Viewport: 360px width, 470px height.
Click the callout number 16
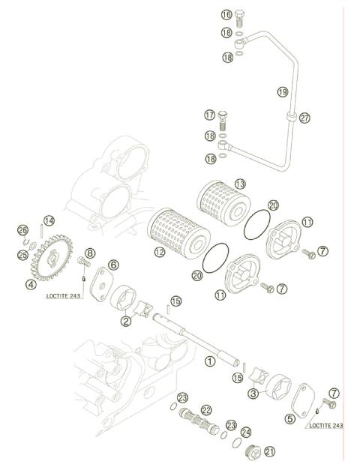(226, 15)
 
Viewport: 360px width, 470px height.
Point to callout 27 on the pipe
(304, 118)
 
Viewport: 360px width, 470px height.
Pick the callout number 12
(159, 253)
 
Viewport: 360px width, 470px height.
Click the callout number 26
(22, 229)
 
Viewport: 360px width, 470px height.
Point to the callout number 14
(49, 220)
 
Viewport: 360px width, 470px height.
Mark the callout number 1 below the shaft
(211, 361)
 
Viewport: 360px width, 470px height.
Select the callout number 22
(205, 409)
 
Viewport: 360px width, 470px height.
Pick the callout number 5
(289, 419)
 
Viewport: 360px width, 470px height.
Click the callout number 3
(253, 393)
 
